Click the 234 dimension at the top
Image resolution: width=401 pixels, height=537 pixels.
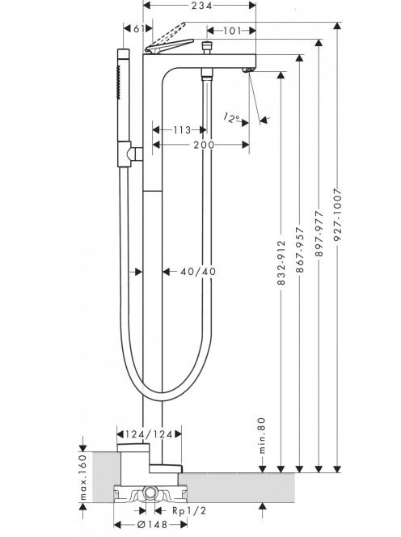coord(201,6)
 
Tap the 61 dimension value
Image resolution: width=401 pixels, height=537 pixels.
coord(139,29)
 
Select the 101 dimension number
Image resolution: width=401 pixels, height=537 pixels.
coord(233,31)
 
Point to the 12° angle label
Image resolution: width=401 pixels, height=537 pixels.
coord(231,118)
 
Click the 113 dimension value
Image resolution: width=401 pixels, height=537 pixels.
coord(182,130)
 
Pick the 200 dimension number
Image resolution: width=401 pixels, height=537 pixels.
coord(204,145)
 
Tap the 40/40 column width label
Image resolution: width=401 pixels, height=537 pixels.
coord(198,272)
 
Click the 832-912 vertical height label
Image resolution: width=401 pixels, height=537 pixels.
coord(281,263)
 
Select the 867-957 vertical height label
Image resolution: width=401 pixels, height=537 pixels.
coord(300,250)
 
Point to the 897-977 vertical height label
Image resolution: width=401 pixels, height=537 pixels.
coord(319,234)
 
